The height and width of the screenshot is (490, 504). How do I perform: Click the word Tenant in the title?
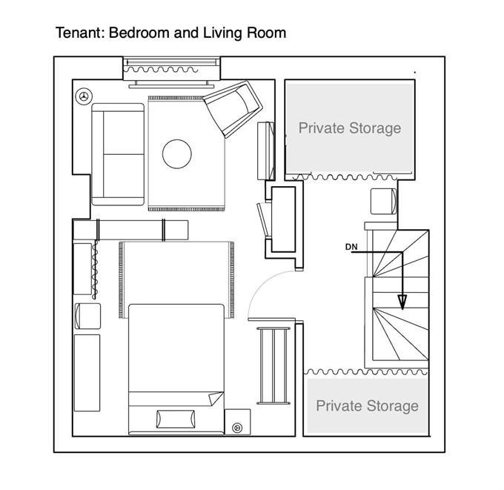[79, 33]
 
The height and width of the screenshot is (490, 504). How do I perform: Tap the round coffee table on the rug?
[177, 153]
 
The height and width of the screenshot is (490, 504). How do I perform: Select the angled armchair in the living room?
[233, 108]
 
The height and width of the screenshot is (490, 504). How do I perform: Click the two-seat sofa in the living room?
[118, 154]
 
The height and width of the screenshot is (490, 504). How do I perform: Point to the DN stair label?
[351, 247]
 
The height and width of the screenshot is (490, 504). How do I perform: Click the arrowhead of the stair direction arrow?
[402, 302]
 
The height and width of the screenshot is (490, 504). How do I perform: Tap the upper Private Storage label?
[350, 128]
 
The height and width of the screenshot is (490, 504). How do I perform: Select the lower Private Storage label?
[367, 405]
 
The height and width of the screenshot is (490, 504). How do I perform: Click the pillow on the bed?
[176, 419]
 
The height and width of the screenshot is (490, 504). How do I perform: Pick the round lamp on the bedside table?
[237, 428]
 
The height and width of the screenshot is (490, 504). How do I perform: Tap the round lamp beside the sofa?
[84, 96]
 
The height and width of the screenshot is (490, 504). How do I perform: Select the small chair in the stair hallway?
[383, 202]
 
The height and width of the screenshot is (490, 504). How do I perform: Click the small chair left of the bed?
[87, 316]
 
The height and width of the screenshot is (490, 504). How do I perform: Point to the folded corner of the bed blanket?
[216, 398]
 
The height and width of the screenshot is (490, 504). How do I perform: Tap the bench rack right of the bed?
[273, 365]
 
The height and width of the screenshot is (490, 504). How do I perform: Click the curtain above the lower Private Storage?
[366, 372]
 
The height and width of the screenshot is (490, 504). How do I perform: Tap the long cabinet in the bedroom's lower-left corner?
[87, 373]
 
